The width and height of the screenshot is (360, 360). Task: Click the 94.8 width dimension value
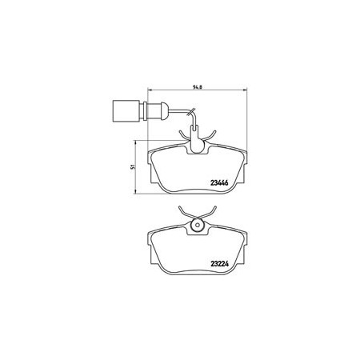197,87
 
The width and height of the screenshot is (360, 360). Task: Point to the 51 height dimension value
132,167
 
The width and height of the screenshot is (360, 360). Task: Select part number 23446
219,183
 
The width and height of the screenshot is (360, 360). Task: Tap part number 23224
220,264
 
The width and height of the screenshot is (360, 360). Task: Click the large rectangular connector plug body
126,111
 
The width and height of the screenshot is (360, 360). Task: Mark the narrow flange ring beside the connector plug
145,111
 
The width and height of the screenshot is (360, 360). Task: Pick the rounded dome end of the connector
166,111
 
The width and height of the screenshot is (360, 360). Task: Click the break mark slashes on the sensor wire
191,112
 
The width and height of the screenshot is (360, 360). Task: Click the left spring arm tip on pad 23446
179,131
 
